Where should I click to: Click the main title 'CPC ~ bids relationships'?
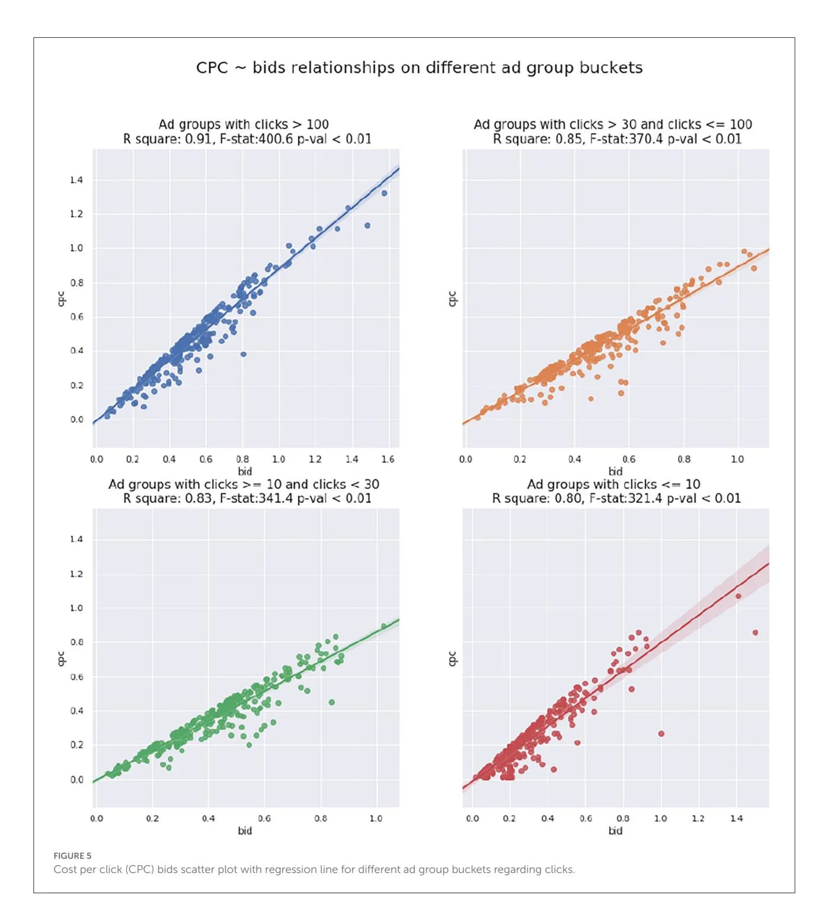coord(419,68)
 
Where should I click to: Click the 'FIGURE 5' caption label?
coord(72,855)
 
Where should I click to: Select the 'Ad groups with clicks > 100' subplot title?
coord(244,124)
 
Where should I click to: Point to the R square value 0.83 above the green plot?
coord(198,499)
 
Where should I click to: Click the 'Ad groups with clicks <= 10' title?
coord(613,484)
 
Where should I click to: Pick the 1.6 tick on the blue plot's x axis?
coord(388,459)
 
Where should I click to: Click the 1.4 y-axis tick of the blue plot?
coord(76,180)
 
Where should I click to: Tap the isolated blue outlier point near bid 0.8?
coord(243,354)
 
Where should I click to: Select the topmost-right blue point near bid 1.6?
coord(384,193)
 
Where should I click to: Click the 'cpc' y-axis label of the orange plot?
coord(452,299)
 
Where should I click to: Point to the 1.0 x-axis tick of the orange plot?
coord(737,459)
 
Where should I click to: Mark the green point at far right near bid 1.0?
coord(383,626)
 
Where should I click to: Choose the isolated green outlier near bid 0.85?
coord(332,702)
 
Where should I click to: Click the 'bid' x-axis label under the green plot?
coord(245,830)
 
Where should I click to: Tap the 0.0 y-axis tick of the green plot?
coord(76,779)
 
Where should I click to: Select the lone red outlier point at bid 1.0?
coord(661,734)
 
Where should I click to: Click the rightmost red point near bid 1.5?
coord(755,633)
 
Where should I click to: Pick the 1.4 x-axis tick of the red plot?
coord(736,819)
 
